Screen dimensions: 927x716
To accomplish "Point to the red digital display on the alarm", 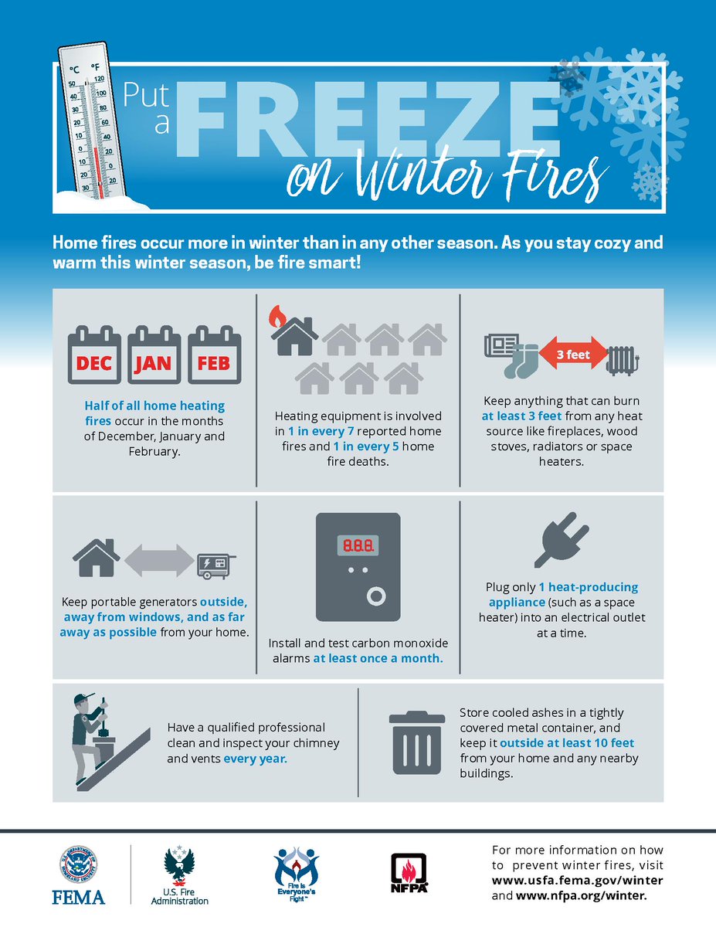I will pyautogui.click(x=356, y=545).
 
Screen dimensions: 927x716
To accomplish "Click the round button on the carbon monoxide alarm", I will pyautogui.click(x=376, y=598).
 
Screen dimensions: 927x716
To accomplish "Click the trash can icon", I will pyautogui.click(x=417, y=742).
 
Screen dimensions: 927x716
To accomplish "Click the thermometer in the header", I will pyautogui.click(x=90, y=124).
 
